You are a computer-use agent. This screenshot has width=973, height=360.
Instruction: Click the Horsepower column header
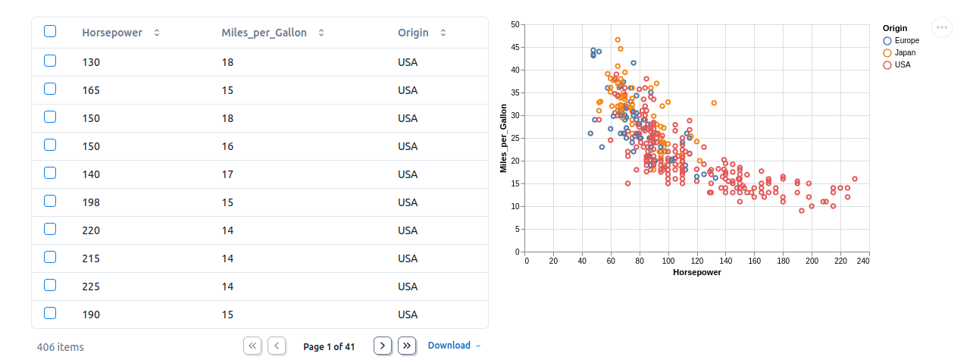[112, 33]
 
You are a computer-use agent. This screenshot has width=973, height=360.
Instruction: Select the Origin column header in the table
[413, 33]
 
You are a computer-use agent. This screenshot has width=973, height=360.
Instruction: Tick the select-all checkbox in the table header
[50, 32]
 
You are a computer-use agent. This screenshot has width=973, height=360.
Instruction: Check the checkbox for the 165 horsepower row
[50, 89]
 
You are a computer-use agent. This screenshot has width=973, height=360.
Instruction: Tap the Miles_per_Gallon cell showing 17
[227, 174]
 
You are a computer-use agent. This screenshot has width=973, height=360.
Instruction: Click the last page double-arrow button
[407, 346]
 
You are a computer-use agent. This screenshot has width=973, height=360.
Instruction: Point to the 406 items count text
[61, 347]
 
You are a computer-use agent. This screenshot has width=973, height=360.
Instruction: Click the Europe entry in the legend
[906, 40]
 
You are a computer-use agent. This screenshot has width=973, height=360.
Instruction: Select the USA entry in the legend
[903, 64]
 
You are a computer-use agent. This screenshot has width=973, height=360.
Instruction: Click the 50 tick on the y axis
[515, 25]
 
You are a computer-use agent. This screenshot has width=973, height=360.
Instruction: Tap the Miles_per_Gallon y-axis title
[503, 138]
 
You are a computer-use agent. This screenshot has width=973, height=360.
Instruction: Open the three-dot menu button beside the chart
[942, 27]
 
